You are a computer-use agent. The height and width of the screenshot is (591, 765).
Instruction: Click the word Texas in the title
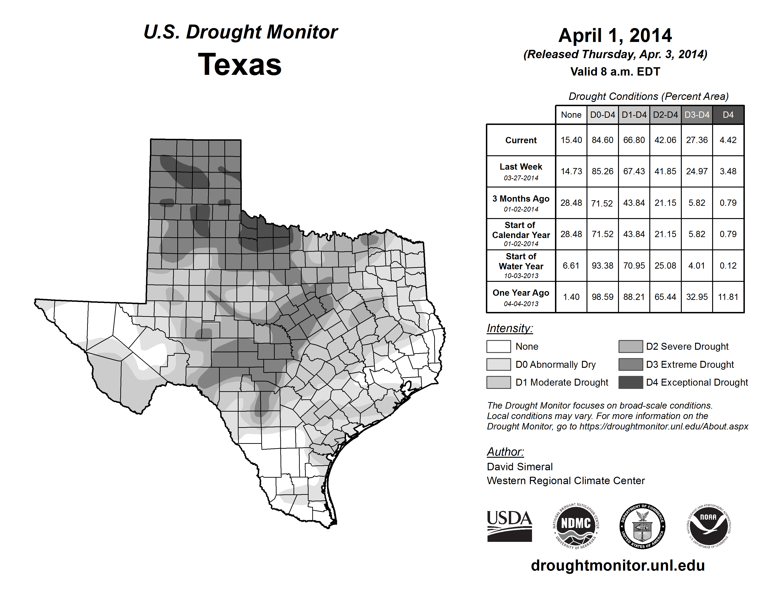[240, 64]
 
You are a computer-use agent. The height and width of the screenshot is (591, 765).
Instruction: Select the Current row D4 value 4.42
[728, 140]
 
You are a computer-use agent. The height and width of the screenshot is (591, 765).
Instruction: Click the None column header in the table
[571, 115]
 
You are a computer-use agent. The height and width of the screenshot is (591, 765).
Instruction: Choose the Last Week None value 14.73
[571, 172]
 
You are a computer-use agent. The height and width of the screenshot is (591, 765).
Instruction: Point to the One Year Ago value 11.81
[728, 297]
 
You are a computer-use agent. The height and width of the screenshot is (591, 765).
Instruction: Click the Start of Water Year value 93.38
[602, 266]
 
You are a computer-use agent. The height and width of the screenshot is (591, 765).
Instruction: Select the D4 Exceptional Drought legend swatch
[631, 382]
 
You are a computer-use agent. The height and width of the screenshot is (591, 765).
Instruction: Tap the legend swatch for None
[498, 346]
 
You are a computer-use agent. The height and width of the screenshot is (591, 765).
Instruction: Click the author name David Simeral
[520, 467]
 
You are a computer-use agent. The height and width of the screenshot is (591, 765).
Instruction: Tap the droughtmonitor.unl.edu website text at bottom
[618, 566]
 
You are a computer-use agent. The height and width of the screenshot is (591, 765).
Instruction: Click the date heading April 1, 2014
[615, 35]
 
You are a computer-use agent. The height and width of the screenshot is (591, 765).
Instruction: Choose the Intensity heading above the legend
[510, 328]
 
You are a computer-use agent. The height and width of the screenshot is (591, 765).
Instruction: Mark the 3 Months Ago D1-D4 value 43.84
[634, 203]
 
